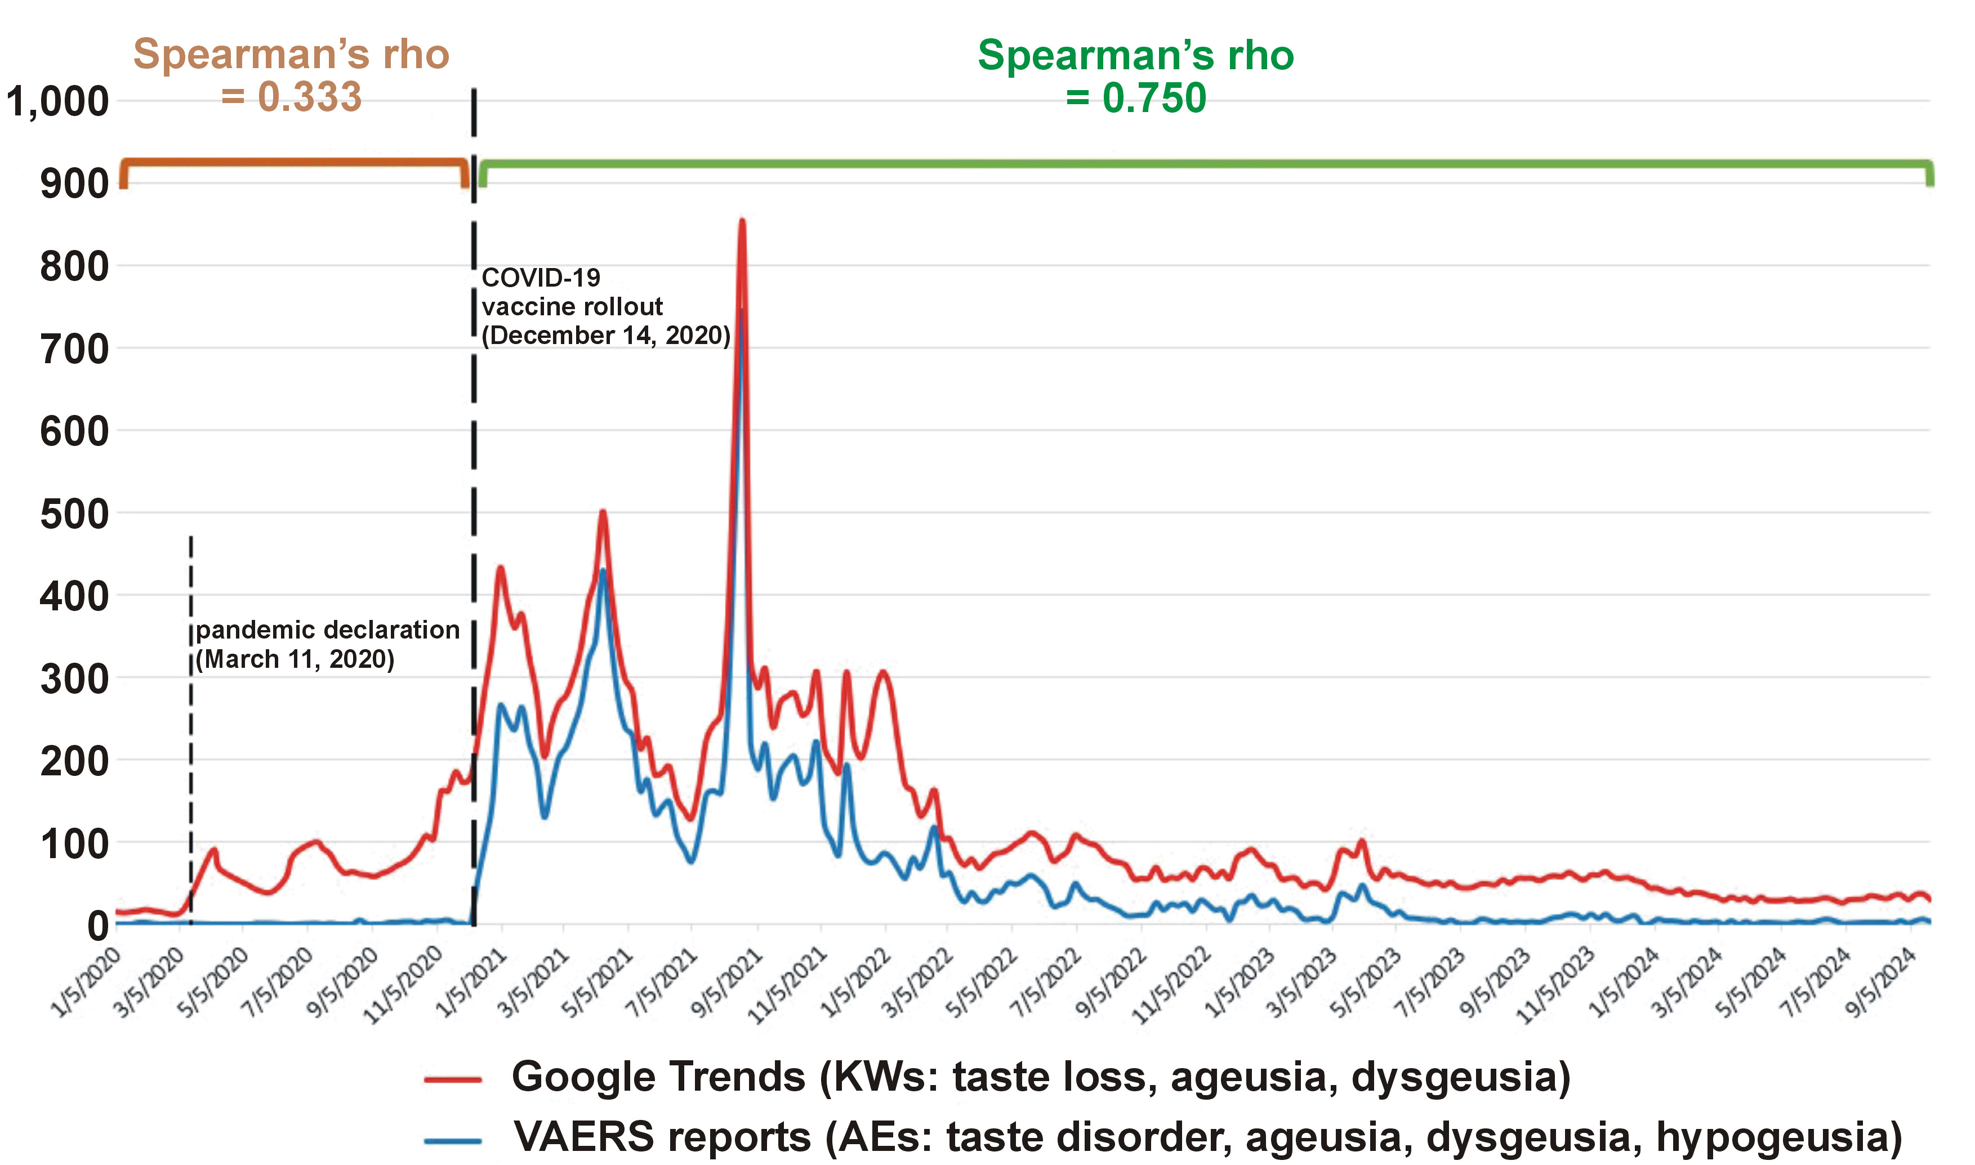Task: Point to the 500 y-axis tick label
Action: pos(74,514)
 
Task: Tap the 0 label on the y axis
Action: pos(97,926)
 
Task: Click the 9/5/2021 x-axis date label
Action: pos(729,983)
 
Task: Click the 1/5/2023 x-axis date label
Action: pos(1241,983)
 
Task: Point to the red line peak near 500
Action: pos(603,512)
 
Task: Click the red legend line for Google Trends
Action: pos(453,1079)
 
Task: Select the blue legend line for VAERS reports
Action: pos(453,1139)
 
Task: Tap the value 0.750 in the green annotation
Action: pos(1154,98)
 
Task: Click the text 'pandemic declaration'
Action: pos(327,630)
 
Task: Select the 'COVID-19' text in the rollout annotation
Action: pos(541,277)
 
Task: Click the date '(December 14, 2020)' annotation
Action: pos(606,335)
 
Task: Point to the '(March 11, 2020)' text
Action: pos(295,659)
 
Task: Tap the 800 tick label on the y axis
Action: pos(74,267)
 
